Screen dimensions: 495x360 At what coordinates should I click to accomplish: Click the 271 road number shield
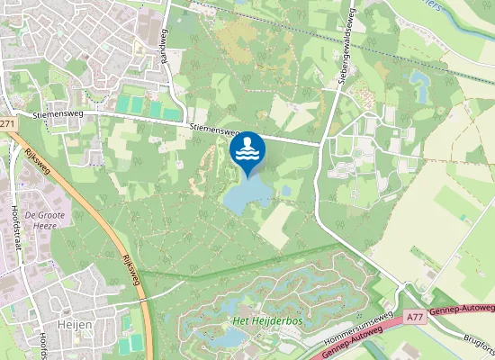(x=7, y=124)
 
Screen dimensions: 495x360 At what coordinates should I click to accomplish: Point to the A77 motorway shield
(x=415, y=317)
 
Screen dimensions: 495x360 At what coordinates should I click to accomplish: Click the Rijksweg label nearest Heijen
(x=129, y=267)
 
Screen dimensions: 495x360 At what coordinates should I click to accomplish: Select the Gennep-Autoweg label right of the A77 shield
(x=463, y=310)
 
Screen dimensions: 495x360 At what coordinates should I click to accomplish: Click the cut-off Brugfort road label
(x=481, y=344)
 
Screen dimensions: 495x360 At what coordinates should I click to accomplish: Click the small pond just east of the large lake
(x=285, y=191)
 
